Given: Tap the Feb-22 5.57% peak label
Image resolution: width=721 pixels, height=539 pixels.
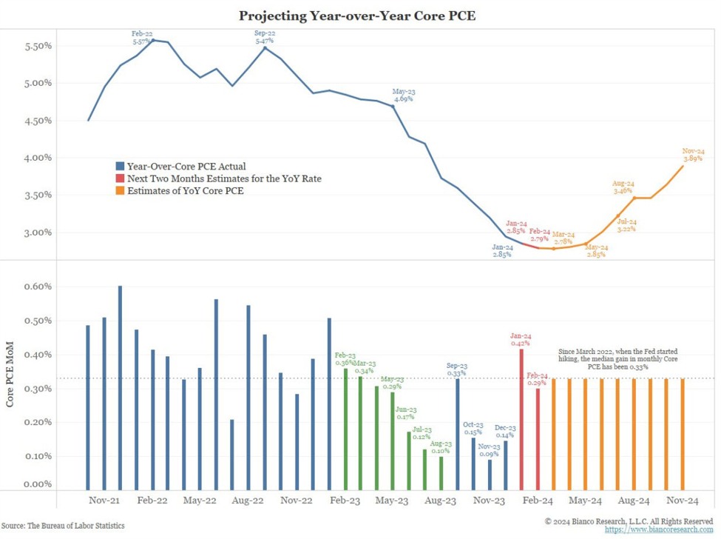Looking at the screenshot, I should point(143,37).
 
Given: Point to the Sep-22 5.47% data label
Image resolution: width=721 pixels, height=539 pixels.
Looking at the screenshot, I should point(265,37).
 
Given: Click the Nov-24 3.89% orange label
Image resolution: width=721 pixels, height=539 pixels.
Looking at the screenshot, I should point(693,154).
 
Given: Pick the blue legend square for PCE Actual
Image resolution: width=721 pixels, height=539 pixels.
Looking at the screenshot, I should point(121,167).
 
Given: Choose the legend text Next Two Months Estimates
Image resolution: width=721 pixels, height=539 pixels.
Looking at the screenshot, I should point(224,178).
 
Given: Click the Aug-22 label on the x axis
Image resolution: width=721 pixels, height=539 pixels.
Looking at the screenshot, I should point(248,500).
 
